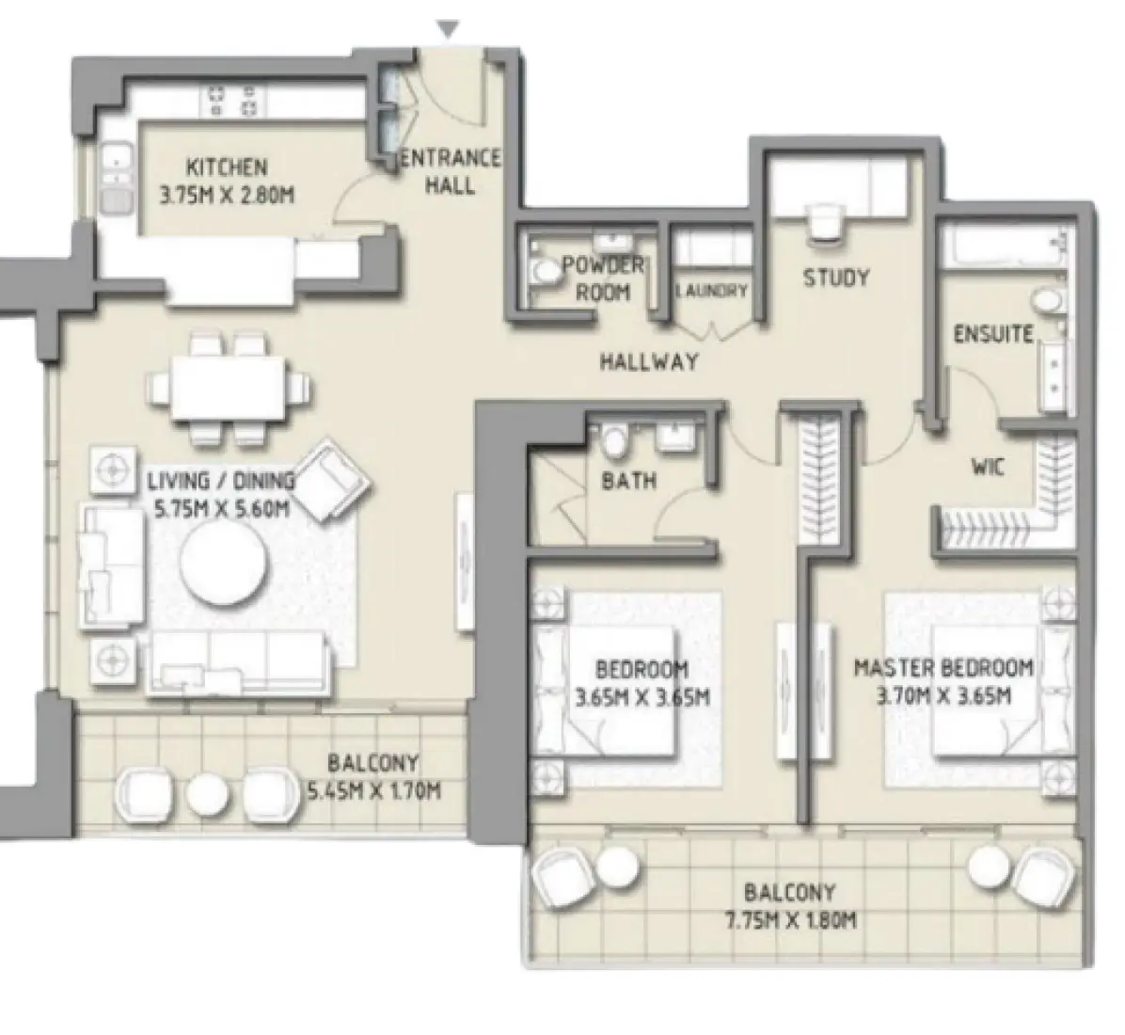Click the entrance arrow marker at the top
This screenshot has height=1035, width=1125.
pos(451,31)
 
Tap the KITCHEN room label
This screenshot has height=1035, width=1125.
pos(227,168)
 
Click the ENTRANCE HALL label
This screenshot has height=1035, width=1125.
pos(450,171)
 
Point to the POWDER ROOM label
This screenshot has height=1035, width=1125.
pos(603,279)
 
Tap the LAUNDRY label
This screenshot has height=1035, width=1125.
pos(712,292)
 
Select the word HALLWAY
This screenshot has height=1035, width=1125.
pos(649,360)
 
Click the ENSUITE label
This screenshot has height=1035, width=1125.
pos(993,334)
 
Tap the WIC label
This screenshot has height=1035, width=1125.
pos(987,465)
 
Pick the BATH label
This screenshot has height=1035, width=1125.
pos(628,481)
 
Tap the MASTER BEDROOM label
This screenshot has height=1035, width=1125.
pos(943,668)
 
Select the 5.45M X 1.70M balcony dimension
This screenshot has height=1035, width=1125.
pos(373,791)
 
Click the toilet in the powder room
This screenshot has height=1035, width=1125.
pos(543,272)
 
